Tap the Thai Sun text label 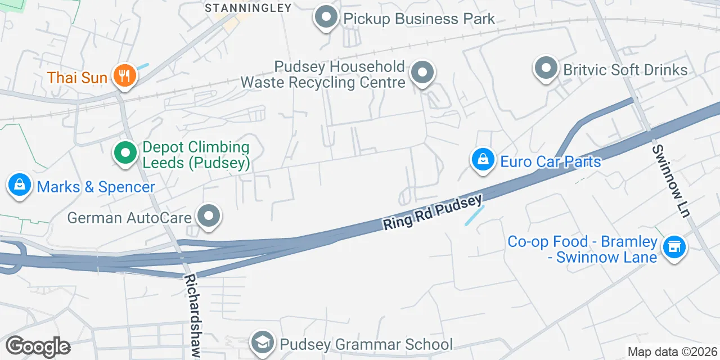click(x=78, y=78)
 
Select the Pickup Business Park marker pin click(x=326, y=17)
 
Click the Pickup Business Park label click(x=419, y=19)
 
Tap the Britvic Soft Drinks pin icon click(x=545, y=69)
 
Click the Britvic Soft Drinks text click(x=625, y=70)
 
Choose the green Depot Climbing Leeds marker click(x=125, y=152)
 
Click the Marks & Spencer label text click(x=96, y=187)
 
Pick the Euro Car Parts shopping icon click(x=483, y=160)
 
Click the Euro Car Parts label click(x=551, y=162)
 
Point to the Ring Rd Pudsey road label click(x=433, y=212)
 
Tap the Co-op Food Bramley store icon click(x=673, y=246)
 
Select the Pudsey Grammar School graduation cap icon click(x=263, y=343)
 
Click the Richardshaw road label click(x=192, y=315)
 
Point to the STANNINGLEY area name click(x=248, y=8)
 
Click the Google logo click(x=38, y=346)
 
